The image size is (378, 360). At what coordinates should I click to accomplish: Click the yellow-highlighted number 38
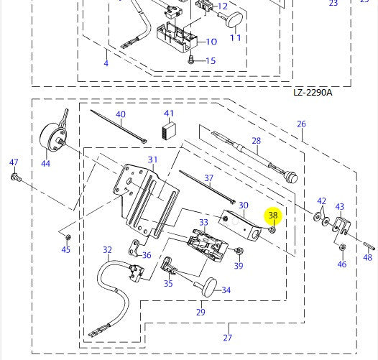coord(273,215)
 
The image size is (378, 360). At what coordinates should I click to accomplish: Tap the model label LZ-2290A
coord(313,93)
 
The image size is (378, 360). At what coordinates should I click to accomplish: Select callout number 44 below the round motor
coord(45,164)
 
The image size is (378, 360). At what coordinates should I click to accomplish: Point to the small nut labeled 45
coord(68,237)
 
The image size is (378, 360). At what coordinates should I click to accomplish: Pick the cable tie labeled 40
coord(119,126)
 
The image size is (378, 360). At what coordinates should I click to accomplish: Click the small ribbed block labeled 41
coord(169,131)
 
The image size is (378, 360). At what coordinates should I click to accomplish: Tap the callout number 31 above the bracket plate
coord(152,160)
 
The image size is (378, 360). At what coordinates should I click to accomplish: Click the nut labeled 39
coord(239,251)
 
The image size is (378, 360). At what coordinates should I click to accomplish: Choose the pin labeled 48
coord(369,246)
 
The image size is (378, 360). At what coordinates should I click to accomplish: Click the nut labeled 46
coord(343,247)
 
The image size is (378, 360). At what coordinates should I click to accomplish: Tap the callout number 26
coord(301,124)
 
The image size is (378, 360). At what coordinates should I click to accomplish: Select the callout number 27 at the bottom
coord(227,338)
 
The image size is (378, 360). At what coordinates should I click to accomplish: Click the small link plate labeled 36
coord(134,248)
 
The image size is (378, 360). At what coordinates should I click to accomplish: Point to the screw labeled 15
coord(191,59)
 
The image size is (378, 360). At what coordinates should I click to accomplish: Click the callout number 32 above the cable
coord(107,250)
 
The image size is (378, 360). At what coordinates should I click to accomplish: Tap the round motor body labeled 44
coord(52,138)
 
